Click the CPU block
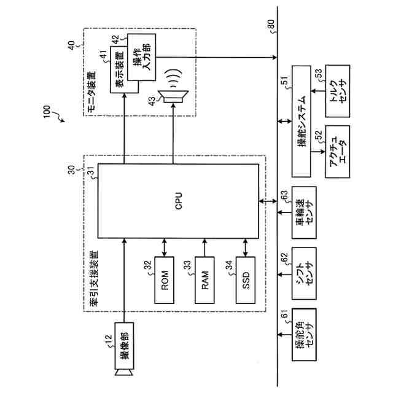[x=178, y=201]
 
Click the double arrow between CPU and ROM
[x=165, y=247]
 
